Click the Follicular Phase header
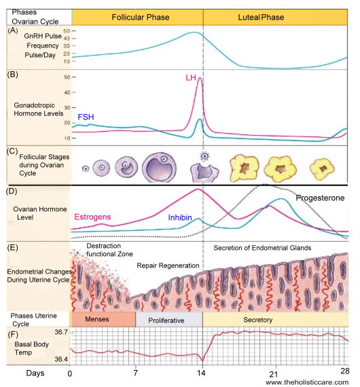point(140,17)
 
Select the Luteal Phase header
point(261,17)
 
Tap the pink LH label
point(191,78)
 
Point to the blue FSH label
point(86,117)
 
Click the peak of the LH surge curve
point(200,78)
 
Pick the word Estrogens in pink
point(92,217)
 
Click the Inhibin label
point(180,217)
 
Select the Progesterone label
point(320,198)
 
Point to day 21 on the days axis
point(273,374)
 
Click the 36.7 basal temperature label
point(61,332)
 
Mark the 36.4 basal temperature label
point(61,359)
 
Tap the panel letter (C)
point(12,151)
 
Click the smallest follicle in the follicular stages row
point(86,169)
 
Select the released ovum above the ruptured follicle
point(204,156)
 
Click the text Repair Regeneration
point(168,265)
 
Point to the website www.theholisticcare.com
point(307,382)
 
